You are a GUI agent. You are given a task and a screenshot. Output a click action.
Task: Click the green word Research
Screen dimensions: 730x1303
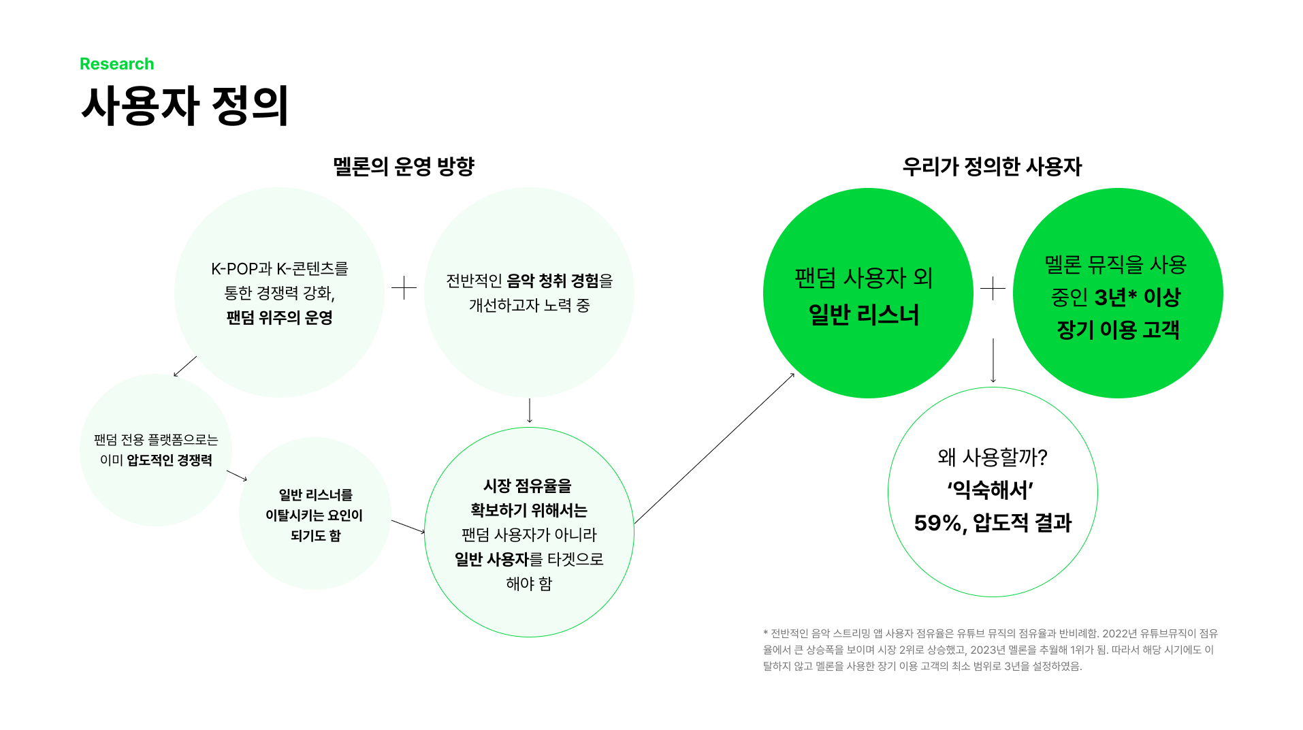point(116,64)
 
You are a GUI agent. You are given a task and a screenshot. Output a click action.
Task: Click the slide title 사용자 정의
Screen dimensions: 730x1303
point(184,106)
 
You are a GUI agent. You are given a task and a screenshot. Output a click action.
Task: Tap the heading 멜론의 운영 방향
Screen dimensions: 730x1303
point(403,167)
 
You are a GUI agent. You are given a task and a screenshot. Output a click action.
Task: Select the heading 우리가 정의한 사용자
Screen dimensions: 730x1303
point(991,167)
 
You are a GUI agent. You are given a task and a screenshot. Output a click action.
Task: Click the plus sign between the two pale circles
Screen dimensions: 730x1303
point(404,288)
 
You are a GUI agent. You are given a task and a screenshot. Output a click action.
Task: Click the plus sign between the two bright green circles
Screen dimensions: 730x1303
point(993,289)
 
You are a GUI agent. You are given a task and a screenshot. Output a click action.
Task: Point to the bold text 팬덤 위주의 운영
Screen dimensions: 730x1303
point(279,318)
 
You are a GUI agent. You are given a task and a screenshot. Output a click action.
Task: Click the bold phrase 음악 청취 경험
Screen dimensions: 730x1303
point(553,281)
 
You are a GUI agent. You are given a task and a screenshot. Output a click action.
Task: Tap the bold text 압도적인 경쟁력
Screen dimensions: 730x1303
point(170,460)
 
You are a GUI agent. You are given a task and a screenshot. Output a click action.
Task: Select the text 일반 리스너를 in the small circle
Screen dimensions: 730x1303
point(315,495)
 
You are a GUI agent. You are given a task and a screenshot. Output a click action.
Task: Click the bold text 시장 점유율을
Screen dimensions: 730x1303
point(528,486)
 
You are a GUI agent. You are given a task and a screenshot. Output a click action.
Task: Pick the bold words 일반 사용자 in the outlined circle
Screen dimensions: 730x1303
point(492,560)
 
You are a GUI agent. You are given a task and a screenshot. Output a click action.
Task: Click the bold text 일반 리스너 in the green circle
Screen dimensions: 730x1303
point(863,315)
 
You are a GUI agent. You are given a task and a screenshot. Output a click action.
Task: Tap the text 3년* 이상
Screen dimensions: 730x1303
point(1137,298)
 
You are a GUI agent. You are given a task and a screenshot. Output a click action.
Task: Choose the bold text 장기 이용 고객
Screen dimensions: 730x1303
point(1117,330)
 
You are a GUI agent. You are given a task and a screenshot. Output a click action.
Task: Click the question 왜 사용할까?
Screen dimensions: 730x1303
point(992,458)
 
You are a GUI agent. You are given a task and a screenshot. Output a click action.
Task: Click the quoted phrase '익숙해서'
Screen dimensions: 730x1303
point(991,490)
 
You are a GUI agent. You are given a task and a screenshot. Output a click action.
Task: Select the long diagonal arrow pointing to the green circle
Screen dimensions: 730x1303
point(713,448)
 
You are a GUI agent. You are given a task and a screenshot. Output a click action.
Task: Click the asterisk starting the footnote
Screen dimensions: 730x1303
point(765,633)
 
